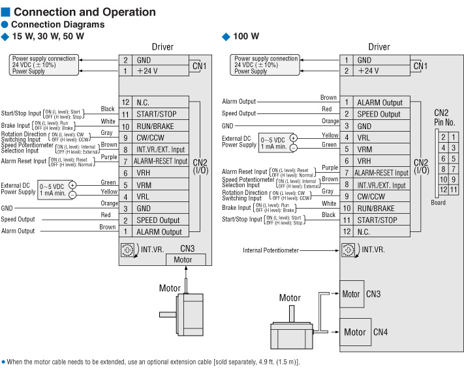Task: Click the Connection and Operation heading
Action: [84, 12]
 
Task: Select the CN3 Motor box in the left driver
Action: [188, 259]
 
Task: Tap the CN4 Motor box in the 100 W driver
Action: [355, 332]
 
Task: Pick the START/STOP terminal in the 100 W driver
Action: [376, 220]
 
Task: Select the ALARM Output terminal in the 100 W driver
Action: [379, 102]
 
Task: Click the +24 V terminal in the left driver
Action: [147, 71]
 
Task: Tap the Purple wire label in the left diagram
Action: [108, 156]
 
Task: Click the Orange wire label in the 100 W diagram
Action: [330, 121]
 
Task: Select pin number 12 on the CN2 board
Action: [443, 190]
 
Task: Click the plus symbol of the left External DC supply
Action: [72, 185]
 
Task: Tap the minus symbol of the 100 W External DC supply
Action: [293, 148]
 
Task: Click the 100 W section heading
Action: [246, 37]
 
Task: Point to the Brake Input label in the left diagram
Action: [16, 125]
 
